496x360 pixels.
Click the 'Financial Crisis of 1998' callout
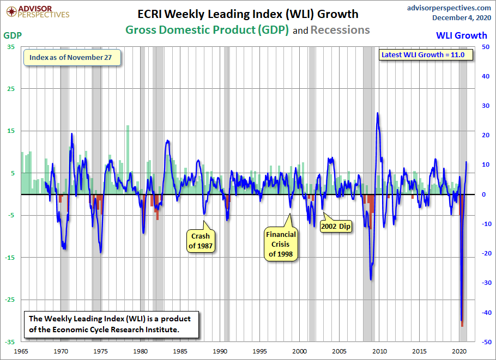point(281,244)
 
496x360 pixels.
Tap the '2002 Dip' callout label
point(335,225)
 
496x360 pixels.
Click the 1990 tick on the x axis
point(220,351)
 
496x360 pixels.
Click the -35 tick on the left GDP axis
point(10,341)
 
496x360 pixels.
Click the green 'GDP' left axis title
point(12,35)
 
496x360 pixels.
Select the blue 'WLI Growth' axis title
point(461,35)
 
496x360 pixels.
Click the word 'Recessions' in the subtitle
point(340,30)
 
